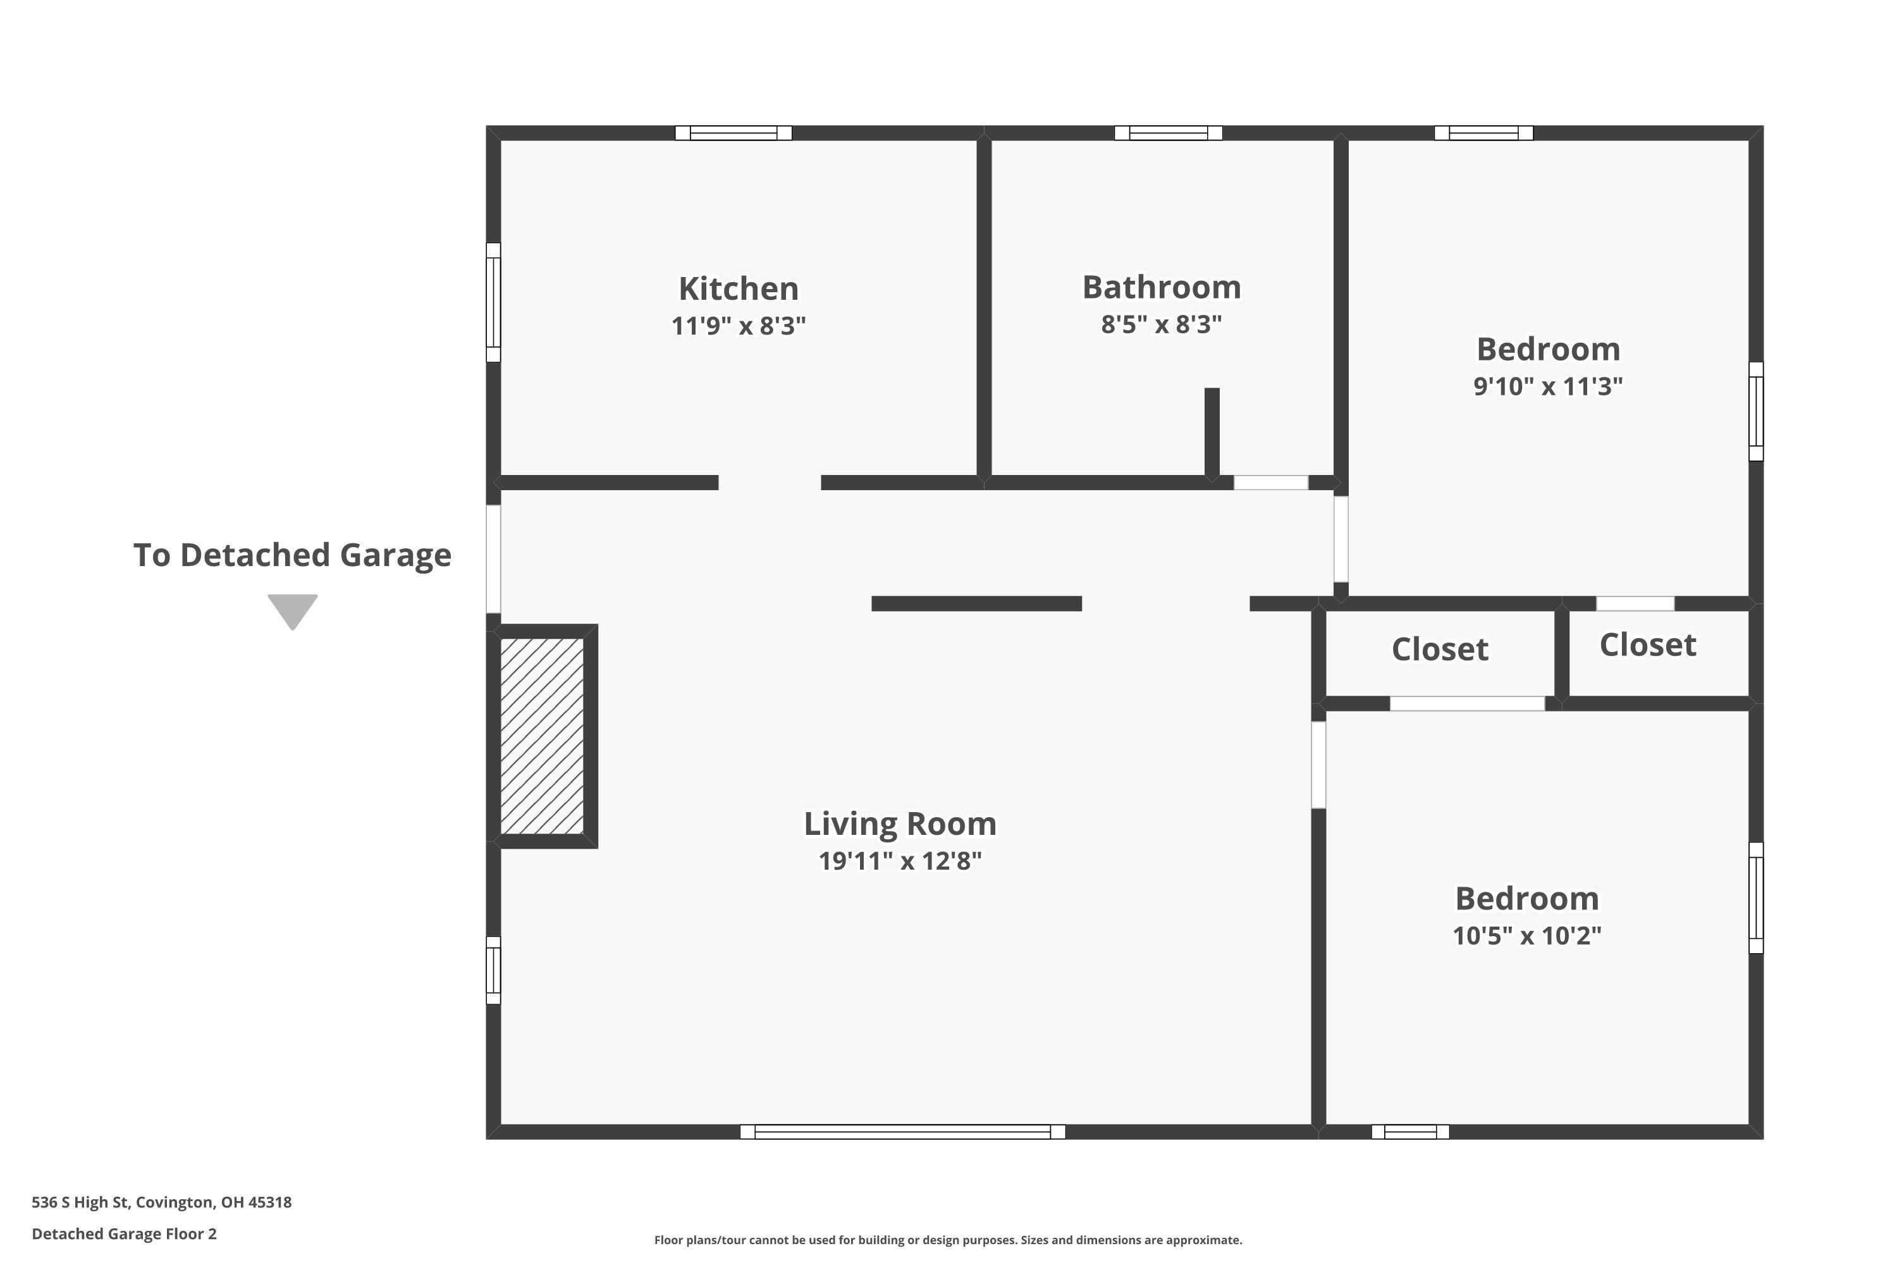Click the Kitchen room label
tap(738, 288)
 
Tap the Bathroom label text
tap(1162, 287)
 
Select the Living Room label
tap(900, 824)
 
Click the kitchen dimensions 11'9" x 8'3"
tap(738, 326)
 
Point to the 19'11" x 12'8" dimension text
tap(900, 861)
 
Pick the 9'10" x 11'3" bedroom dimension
tap(1548, 386)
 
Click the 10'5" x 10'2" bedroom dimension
tap(1527, 936)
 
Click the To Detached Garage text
tap(292, 555)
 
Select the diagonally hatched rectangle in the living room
tap(542, 736)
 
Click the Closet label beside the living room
tap(1440, 650)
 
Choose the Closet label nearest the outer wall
tap(1648, 645)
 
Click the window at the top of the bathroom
tap(1168, 133)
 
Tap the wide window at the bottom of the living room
tap(902, 1132)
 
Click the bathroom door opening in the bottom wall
tap(1271, 483)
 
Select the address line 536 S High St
tap(161, 1202)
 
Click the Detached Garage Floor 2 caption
tap(124, 1233)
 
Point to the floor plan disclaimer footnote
tap(948, 1240)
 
